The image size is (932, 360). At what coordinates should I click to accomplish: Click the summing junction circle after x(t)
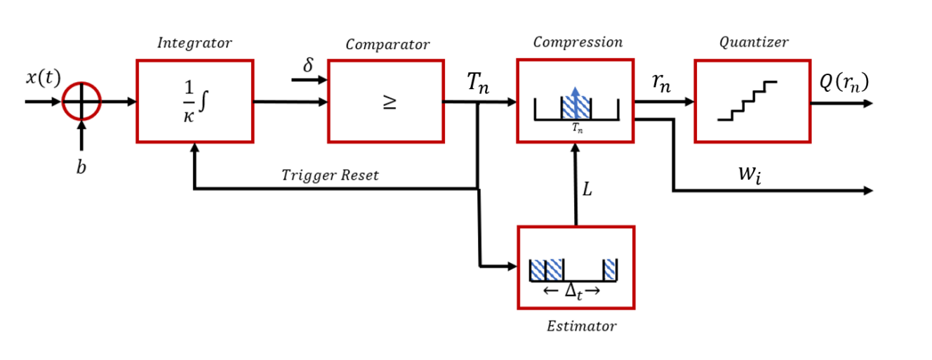[81, 102]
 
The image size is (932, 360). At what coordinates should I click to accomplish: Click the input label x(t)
[44, 79]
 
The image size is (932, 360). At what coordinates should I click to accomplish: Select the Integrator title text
[194, 43]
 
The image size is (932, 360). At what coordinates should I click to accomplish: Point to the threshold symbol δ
[308, 65]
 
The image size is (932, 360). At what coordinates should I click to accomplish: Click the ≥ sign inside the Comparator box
[387, 102]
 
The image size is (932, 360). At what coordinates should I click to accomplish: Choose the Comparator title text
[387, 45]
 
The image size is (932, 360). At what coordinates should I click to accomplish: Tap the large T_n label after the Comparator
[479, 84]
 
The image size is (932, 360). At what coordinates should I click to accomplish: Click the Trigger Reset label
[329, 175]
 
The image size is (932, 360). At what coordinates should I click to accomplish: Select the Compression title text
[578, 42]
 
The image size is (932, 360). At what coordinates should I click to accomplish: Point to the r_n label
[660, 84]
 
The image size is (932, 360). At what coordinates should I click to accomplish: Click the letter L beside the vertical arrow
[587, 189]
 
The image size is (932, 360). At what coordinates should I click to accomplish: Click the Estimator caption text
[581, 326]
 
